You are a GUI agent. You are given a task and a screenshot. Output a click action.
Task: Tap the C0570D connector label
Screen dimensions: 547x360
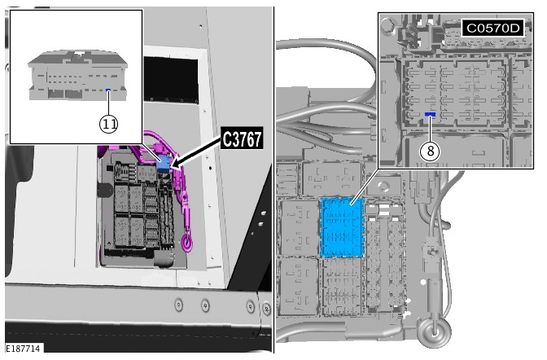[493, 28]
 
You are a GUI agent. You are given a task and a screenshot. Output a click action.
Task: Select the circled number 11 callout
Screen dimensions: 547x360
[109, 124]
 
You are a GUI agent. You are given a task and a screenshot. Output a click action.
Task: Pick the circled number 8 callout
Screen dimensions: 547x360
[430, 151]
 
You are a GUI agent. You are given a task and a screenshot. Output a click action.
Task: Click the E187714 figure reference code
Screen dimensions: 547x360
[24, 348]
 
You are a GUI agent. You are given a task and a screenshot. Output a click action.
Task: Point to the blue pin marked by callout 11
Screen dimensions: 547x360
[108, 90]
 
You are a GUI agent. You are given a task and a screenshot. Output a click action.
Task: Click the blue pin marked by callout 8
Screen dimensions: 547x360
[430, 114]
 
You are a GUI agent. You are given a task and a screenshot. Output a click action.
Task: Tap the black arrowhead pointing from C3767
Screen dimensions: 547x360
[176, 164]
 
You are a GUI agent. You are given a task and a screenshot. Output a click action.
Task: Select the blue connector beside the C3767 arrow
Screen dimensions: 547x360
[164, 164]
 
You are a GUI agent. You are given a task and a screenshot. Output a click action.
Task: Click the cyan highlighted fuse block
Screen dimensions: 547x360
[342, 227]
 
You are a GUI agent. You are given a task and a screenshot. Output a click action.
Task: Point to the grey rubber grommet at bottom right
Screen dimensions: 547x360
[434, 330]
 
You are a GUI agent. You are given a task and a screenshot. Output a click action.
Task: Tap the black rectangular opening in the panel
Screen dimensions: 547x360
[171, 80]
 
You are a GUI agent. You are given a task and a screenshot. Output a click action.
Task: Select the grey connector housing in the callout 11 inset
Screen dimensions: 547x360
[78, 75]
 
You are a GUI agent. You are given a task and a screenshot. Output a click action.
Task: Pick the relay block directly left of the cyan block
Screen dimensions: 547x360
[300, 227]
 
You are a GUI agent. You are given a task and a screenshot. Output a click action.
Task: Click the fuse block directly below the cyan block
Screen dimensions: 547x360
[342, 287]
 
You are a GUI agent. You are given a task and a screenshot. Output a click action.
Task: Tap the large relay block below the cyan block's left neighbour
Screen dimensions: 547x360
[299, 286]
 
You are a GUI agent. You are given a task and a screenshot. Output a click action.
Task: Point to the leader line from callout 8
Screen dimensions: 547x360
[430, 129]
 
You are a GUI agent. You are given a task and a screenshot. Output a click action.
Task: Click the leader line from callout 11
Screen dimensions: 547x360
[108, 103]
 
